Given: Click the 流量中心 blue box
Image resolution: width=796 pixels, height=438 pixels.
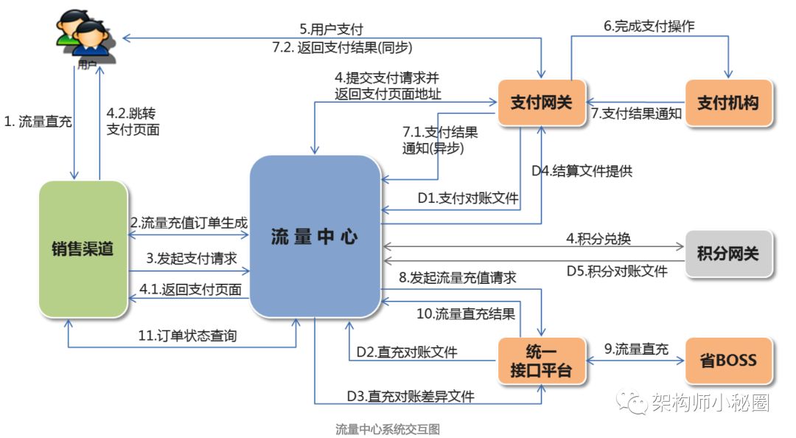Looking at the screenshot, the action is (x=315, y=236).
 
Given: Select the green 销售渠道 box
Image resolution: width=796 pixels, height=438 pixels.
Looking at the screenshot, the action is (x=83, y=249).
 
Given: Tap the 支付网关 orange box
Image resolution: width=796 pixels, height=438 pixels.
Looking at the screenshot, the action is (x=542, y=102).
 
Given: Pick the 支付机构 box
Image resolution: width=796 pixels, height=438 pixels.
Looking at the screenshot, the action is (x=728, y=102).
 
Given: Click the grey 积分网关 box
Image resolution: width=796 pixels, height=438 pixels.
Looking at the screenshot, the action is (x=728, y=254).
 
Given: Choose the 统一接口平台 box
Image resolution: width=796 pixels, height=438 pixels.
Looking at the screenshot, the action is (x=542, y=361).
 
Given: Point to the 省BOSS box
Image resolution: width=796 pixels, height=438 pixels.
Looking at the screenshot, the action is (x=728, y=361).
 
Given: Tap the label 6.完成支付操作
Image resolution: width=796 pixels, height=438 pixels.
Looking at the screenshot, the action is (x=649, y=26).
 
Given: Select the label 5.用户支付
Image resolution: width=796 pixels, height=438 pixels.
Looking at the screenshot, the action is (x=331, y=29).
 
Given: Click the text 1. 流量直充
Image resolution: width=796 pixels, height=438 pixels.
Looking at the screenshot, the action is (x=38, y=122).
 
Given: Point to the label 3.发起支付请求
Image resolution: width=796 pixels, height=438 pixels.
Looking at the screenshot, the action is (x=192, y=258).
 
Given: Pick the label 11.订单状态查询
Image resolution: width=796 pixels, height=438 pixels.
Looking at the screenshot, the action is (x=187, y=336).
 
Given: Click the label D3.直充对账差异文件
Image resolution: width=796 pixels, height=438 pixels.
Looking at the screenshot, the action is (x=411, y=396).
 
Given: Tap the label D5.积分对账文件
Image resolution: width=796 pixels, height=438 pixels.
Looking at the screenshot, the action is (x=617, y=271).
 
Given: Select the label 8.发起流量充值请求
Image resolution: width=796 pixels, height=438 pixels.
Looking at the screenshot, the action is (x=458, y=277).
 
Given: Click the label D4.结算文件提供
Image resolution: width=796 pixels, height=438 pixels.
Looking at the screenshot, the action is (x=582, y=171).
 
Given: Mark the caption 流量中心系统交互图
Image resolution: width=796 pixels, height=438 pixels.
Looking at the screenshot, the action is (x=388, y=429).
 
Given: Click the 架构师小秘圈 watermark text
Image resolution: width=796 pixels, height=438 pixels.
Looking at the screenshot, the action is (x=711, y=403).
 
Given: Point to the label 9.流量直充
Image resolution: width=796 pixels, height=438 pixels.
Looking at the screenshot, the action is (x=636, y=349).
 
